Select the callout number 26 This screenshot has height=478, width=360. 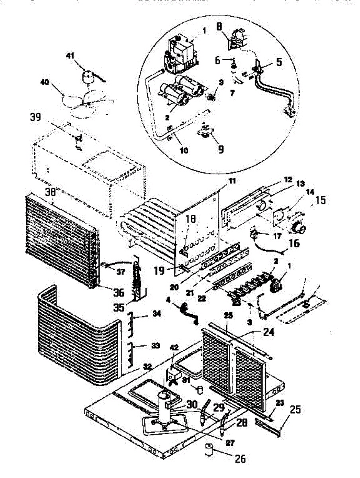click(240, 459)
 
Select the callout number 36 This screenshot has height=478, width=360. click(118, 292)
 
